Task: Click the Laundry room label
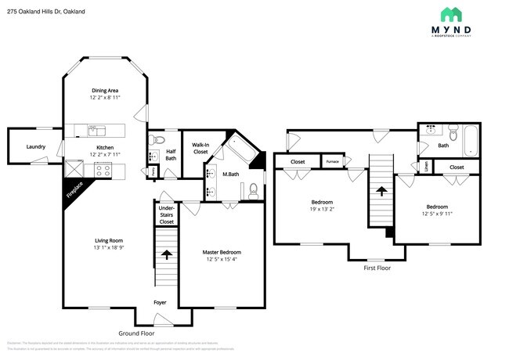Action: pos(35,146)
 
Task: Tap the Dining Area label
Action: pos(104,91)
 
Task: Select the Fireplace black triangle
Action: pos(76,192)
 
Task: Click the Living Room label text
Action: pos(104,240)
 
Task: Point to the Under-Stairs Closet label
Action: pos(166,215)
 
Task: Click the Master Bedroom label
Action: pos(222,252)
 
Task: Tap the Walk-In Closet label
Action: pos(200,148)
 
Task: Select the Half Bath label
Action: pos(171,155)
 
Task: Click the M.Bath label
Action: pos(230,174)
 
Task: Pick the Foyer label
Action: pos(159,302)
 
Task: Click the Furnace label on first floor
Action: pos(333,162)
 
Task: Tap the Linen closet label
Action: pos(426,166)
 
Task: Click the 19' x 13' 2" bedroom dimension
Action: pos(323,210)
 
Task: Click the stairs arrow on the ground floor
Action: pos(166,254)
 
